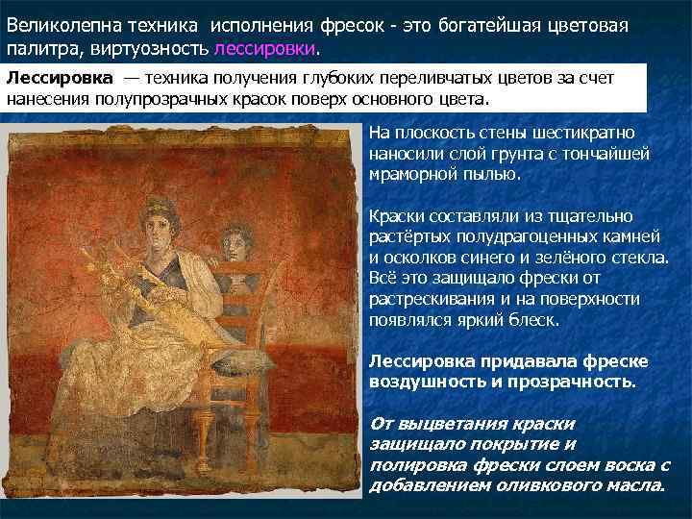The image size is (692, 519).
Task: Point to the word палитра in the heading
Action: (39, 49)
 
